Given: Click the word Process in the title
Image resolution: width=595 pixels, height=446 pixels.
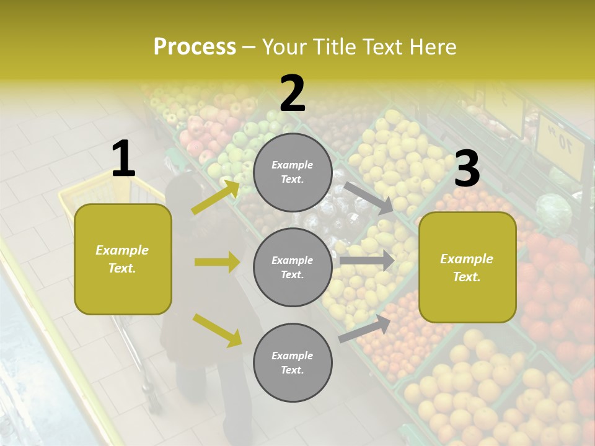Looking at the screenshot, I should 195,47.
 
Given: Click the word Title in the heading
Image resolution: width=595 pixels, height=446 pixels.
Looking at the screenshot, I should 332,47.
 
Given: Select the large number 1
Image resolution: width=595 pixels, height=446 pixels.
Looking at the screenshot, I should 123,159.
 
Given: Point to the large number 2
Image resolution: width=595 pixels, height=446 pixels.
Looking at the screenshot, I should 293,94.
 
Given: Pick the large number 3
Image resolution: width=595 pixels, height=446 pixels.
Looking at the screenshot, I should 467,169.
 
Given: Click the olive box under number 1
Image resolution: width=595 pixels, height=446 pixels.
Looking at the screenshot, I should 123,259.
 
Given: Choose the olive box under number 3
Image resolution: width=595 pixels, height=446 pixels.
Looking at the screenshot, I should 467,267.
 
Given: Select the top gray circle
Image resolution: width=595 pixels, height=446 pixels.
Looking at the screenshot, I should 293,172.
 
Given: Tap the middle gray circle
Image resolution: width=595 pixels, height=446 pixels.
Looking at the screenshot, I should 293,267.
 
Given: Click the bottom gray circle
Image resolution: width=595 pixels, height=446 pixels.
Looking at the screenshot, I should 293,362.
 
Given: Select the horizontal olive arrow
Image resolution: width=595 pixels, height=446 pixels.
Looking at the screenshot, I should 217,262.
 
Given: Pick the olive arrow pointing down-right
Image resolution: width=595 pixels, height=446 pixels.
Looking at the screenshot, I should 217,330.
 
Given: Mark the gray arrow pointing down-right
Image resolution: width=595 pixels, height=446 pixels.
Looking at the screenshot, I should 369,198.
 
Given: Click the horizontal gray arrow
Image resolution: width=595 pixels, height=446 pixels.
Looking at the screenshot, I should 366,260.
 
